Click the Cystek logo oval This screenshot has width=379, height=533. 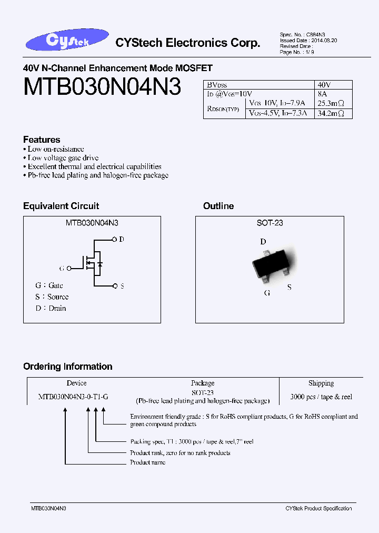(66, 42)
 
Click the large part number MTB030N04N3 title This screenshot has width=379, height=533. (102, 87)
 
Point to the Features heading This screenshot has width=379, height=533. (42, 140)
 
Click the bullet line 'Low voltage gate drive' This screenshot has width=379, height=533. (63, 157)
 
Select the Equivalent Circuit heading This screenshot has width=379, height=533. (61, 206)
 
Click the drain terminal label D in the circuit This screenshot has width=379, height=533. (122, 240)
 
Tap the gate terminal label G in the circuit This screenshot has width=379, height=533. (62, 268)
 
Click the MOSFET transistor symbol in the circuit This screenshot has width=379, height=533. (93, 262)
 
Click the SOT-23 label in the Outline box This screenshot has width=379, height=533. (270, 223)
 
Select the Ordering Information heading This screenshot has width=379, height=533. (68, 367)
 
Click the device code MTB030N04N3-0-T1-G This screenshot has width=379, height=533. (73, 397)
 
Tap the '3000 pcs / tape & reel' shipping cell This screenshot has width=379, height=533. (321, 397)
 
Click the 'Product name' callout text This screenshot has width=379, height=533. (147, 462)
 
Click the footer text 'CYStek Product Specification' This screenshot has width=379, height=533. (318, 508)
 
